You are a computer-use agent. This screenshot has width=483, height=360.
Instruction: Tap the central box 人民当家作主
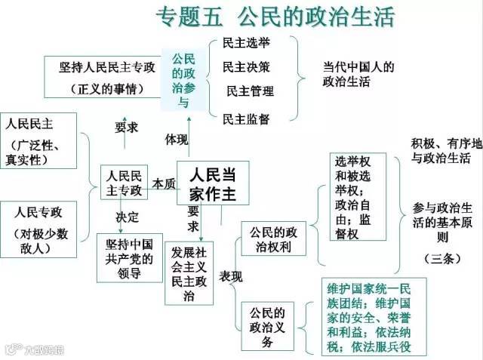pos(212,183)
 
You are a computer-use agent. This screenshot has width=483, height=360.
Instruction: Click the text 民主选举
pos(245,43)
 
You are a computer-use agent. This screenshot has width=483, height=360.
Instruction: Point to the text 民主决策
pos(246,67)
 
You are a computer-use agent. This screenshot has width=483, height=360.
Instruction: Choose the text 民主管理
pos(250,91)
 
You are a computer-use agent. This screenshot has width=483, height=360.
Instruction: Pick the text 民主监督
pos(246,118)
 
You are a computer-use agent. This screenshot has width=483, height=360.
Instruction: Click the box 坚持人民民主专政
pos(107,77)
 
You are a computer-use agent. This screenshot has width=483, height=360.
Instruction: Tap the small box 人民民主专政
pos(125,181)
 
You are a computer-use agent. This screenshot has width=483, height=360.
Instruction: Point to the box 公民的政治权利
pos(269,240)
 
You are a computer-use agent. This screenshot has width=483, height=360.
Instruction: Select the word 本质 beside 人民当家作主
pos(164,183)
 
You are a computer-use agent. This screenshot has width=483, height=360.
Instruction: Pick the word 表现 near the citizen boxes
pos(230,277)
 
